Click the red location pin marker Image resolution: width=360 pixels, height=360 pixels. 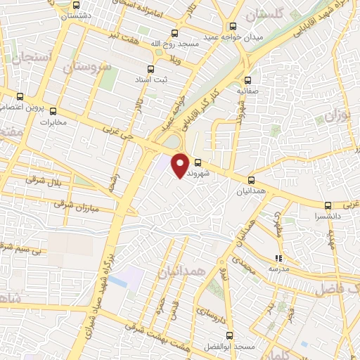[181, 165]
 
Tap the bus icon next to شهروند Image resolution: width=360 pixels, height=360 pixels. [197, 164]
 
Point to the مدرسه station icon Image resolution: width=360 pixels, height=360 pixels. [278, 257]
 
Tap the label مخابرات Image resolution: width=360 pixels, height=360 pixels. [55, 122]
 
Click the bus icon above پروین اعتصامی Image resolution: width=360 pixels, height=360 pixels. [20, 96]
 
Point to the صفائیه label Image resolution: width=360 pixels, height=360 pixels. [249, 91]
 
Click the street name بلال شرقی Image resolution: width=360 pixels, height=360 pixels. [44, 180]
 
